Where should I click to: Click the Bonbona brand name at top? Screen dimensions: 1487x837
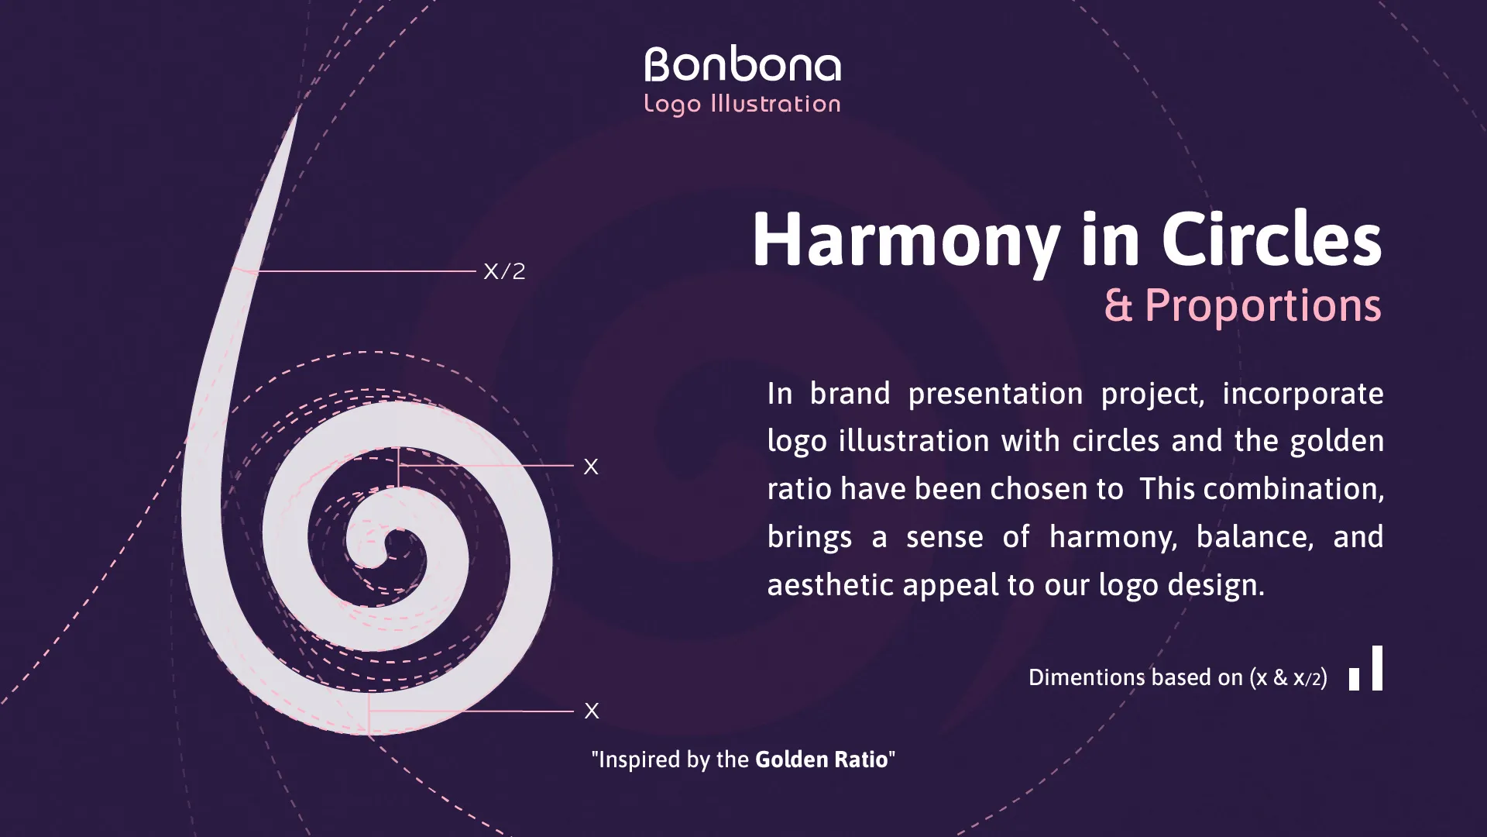[x=743, y=65]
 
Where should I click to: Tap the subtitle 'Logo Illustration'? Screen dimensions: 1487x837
[x=743, y=104]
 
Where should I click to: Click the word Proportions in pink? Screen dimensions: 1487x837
[x=1263, y=305]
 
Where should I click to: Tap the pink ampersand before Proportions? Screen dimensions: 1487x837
[x=1118, y=305]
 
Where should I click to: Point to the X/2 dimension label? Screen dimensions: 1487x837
[x=504, y=271]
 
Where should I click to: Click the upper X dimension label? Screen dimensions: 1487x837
[x=591, y=467]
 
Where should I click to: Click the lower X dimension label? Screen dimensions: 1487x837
[x=592, y=711]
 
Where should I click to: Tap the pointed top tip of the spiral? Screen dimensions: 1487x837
[x=297, y=110]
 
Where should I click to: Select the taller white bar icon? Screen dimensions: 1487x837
[x=1377, y=668]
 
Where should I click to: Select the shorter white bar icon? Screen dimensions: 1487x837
[x=1354, y=680]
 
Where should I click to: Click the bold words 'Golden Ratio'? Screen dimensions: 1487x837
[x=821, y=759]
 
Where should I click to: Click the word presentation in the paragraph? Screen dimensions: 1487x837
[x=995, y=394]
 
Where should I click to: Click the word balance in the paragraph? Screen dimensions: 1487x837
[x=1255, y=537]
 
